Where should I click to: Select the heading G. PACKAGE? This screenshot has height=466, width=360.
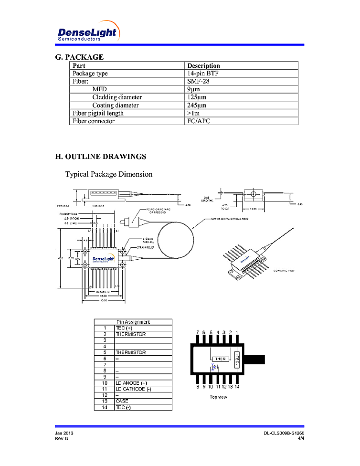pos(79,57)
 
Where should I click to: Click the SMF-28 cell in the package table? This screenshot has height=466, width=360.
pos(199,81)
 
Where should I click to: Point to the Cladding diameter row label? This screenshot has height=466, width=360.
pos(117,97)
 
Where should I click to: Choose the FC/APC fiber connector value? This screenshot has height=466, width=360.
pos(199,121)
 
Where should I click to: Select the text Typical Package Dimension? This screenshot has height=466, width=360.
pos(109,174)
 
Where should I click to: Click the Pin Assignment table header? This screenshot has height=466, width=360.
pos(133,322)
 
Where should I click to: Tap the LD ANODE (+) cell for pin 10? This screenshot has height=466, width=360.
pos(131,383)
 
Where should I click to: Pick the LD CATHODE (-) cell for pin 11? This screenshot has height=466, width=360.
pos(134,389)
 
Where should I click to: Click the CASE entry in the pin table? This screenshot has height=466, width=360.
pos(122,401)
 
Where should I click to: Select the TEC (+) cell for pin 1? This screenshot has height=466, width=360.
pos(124,328)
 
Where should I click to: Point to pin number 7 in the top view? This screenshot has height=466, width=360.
pos(198,332)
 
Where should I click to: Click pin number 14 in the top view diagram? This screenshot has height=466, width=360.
pos(237,387)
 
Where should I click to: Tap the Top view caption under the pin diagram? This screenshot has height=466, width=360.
pos(219,397)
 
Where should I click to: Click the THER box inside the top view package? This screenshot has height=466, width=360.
pos(220,359)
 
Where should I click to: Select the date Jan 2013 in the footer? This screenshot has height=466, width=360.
pos(64,433)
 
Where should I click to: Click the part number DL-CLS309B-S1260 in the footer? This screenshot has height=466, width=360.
pos(284,433)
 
